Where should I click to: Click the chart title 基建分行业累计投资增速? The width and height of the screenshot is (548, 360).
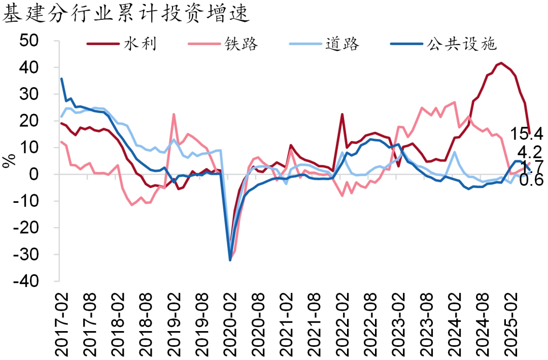pyautogui.click(x=127, y=14)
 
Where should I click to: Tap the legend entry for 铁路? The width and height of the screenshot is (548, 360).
pyautogui.click(x=242, y=44)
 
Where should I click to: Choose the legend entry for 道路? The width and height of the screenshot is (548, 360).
pyautogui.click(x=343, y=44)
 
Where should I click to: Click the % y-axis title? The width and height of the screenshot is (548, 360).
pyautogui.click(x=9, y=161)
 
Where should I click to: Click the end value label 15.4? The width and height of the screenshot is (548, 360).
pyautogui.click(x=528, y=134)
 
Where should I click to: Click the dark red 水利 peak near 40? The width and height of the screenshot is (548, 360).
pyautogui.click(x=501, y=63)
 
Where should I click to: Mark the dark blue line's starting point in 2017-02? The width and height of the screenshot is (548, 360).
pyautogui.click(x=61, y=79)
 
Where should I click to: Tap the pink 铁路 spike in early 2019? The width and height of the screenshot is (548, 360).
pyautogui.click(x=174, y=114)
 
